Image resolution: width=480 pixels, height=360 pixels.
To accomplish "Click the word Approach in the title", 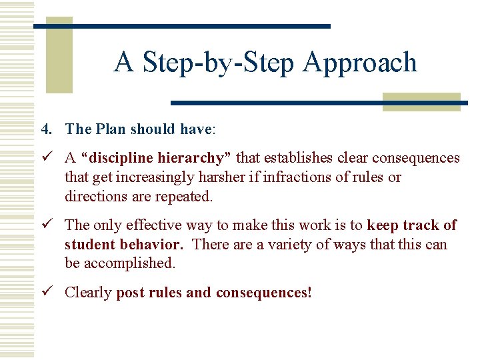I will coord(360,63).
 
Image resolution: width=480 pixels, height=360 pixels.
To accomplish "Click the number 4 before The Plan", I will coord(44,129).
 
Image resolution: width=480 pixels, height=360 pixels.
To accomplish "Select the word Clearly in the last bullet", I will coord(88,293).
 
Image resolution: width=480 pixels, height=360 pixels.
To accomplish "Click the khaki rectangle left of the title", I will coord(59,55).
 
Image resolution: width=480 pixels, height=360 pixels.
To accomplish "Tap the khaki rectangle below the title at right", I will coord(421,102).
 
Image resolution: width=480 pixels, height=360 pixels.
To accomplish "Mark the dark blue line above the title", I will coord(181,26).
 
